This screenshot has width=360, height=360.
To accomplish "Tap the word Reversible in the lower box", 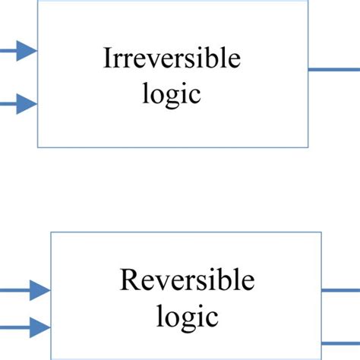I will click(x=187, y=281).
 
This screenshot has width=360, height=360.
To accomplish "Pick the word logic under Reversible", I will click(x=187, y=314).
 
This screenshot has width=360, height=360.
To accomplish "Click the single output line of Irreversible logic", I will click(x=334, y=70).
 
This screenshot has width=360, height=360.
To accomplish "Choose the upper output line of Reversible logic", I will click(x=341, y=290).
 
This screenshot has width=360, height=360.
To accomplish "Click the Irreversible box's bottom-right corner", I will click(x=309, y=147).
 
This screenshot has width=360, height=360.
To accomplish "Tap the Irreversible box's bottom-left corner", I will click(x=39, y=147).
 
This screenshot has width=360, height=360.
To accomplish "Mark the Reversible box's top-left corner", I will click(x=51, y=232).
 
